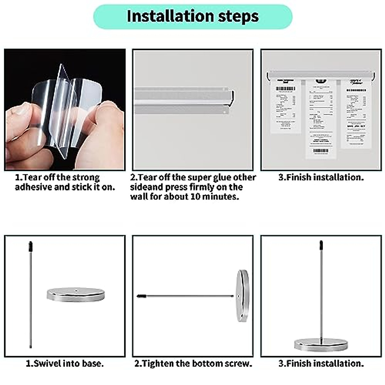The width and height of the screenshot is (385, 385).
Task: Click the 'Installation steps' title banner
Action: coord(193,16)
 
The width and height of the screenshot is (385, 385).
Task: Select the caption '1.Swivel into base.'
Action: coord(64,364)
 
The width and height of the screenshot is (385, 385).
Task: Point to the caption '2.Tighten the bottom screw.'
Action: coord(193,364)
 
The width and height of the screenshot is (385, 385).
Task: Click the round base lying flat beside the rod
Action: coord(76,295)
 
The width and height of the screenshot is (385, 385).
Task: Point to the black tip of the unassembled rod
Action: coord(30,246)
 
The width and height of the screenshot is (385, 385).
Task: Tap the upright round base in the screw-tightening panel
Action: coord(243,295)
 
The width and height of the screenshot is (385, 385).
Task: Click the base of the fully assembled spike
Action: coord(321,345)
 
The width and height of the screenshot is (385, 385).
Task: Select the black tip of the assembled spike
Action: coord(321,245)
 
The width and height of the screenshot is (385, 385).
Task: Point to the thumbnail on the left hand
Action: coord(21,111)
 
